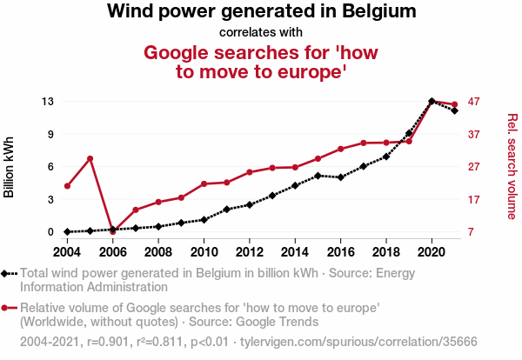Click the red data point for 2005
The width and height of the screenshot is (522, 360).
pyautogui.click(x=90, y=158)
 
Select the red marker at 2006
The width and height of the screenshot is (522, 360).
pyautogui.click(x=112, y=231)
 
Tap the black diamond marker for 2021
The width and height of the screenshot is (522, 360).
pyautogui.click(x=455, y=110)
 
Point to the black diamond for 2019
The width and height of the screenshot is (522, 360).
pyautogui.click(x=409, y=134)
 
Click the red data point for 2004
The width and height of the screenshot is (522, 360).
pyautogui.click(x=67, y=186)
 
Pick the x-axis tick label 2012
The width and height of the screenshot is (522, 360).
pyautogui.click(x=249, y=251)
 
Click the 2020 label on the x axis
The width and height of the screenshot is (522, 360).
pyautogui.click(x=432, y=251)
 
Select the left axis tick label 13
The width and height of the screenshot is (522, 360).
pyautogui.click(x=49, y=102)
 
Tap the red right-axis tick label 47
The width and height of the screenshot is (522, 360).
pyautogui.click(x=474, y=102)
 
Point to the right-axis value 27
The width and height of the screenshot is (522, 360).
pyautogui.click(x=474, y=167)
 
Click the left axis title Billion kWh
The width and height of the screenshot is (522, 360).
pyautogui.click(x=10, y=167)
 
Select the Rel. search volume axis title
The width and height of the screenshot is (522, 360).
pyautogui.click(x=512, y=167)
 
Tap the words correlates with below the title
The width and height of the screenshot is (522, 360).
pyautogui.click(x=261, y=32)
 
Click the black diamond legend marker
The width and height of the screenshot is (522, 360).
pyautogui.click(x=7, y=273)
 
